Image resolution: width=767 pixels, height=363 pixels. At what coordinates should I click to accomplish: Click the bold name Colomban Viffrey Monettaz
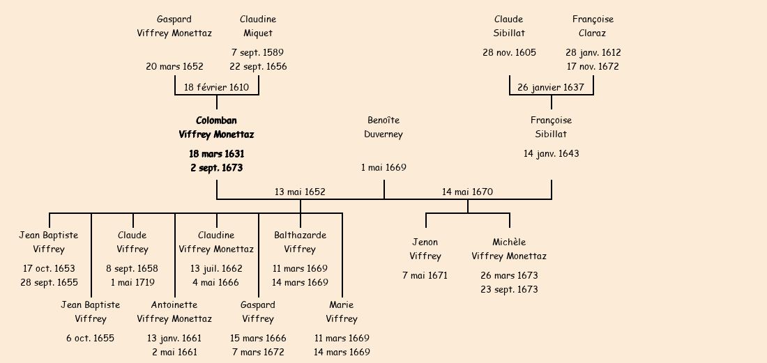[216, 128]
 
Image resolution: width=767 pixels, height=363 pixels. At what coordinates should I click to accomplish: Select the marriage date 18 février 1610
[216, 87]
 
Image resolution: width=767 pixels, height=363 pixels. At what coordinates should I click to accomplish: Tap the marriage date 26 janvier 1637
[551, 87]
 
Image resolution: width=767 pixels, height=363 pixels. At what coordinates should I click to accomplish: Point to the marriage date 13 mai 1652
[300, 192]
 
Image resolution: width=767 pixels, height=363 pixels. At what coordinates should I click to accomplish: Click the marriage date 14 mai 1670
[467, 192]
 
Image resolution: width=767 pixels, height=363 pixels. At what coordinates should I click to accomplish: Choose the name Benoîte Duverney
[383, 128]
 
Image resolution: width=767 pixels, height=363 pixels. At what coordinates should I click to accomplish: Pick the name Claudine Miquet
[258, 26]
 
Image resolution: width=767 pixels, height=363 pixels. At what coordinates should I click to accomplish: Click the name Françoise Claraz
[593, 26]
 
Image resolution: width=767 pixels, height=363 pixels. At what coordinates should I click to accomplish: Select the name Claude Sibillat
[509, 26]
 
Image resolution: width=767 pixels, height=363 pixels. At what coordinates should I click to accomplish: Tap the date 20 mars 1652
[174, 67]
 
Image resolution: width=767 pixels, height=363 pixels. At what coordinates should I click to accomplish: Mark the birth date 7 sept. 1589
[258, 52]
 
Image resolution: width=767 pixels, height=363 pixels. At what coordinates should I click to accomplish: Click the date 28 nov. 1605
[509, 52]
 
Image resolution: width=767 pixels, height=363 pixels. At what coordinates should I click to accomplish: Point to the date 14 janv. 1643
[551, 153]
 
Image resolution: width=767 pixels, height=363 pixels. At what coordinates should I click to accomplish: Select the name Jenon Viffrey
[425, 249]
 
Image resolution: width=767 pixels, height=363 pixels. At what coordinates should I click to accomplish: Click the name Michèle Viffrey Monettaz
[509, 249]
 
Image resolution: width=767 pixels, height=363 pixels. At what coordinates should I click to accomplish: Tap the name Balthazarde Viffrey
[300, 242]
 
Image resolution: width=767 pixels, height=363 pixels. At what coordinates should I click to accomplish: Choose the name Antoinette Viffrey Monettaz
[174, 311]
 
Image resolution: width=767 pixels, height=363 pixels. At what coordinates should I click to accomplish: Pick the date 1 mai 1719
[132, 282]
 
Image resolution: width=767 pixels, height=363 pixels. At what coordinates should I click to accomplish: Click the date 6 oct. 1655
[91, 338]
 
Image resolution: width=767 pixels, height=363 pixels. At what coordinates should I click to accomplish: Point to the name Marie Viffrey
[342, 311]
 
